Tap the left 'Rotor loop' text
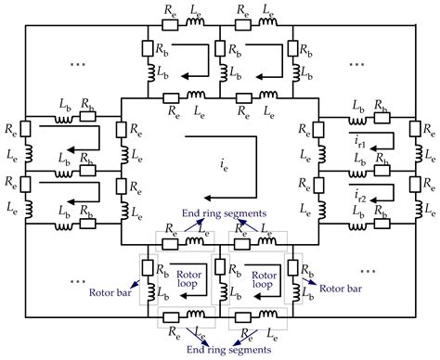[182, 279]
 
